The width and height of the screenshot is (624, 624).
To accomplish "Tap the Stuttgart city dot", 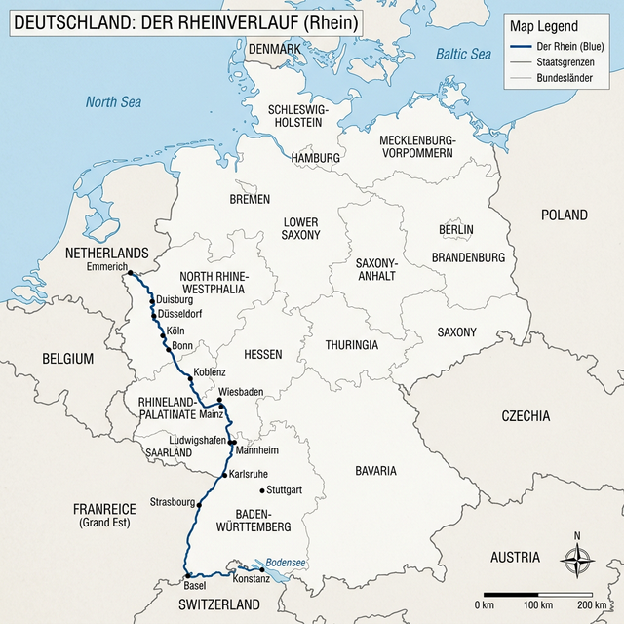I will coord(261,489).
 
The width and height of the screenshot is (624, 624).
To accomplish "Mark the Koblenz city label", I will coord(210,372).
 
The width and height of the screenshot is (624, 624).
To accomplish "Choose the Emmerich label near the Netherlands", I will coord(107,267).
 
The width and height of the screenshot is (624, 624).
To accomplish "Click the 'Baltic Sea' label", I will coord(463,55).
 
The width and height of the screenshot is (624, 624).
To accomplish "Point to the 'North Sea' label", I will coord(113,101).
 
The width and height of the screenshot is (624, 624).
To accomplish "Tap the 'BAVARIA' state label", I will coord(374,471).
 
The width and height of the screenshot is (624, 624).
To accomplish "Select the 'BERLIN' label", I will coord(455,229).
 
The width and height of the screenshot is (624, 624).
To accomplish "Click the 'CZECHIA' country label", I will coord(526,416).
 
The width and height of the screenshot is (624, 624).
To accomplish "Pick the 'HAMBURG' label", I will coord(315,158).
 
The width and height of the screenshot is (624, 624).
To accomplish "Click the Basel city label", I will coord(195,586).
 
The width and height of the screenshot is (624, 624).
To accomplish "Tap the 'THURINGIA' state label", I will coord(352,345).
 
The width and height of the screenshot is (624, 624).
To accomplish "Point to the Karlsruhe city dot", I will coord(224,475).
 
